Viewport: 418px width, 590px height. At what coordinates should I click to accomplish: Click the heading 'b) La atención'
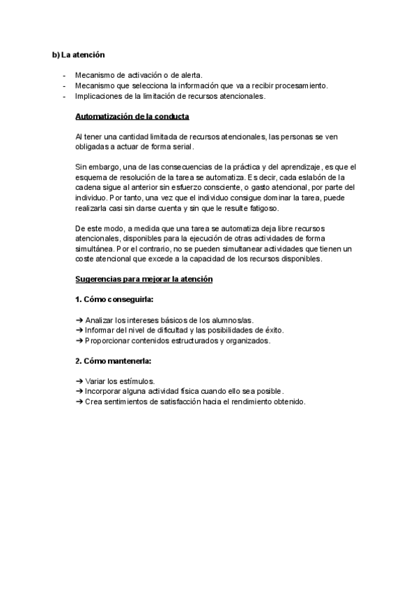[79, 54]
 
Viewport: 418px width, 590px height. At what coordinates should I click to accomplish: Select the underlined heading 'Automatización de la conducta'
[132, 116]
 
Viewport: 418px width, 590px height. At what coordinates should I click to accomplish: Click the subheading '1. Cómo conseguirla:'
[114, 300]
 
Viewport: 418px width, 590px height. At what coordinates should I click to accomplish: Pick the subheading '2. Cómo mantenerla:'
[113, 362]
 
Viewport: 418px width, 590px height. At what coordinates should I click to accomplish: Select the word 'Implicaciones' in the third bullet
[99, 96]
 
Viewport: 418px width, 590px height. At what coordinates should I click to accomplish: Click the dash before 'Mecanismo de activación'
[63, 75]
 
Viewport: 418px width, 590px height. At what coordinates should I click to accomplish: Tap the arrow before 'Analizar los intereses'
[79, 320]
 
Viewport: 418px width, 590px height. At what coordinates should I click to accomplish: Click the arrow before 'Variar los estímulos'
[79, 382]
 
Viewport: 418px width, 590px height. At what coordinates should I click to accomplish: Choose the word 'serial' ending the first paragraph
[183, 147]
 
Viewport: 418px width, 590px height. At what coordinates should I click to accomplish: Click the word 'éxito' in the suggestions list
[281, 330]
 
